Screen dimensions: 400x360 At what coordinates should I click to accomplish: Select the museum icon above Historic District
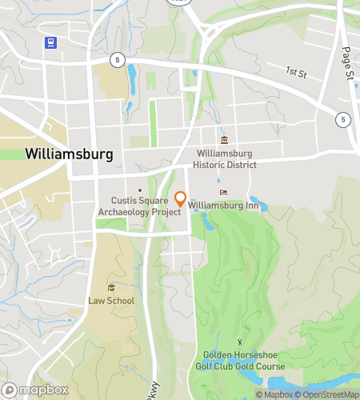pyautogui.click(x=224, y=141)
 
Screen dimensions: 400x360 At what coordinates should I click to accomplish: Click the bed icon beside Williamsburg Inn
pyautogui.click(x=222, y=192)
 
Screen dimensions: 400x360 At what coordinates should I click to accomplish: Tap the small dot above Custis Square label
pyautogui.click(x=140, y=190)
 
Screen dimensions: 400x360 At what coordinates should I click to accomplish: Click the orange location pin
pyautogui.click(x=180, y=198)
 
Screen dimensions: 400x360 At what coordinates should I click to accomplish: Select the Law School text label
pyautogui.click(x=111, y=301)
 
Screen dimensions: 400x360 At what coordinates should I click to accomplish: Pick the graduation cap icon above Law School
pyautogui.click(x=111, y=288)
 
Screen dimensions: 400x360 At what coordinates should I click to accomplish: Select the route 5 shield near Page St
pyautogui.click(x=343, y=119)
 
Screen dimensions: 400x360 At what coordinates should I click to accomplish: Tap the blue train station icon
pyautogui.click(x=51, y=42)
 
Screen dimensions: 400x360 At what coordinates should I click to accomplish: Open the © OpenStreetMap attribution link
pyautogui.click(x=329, y=394)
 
